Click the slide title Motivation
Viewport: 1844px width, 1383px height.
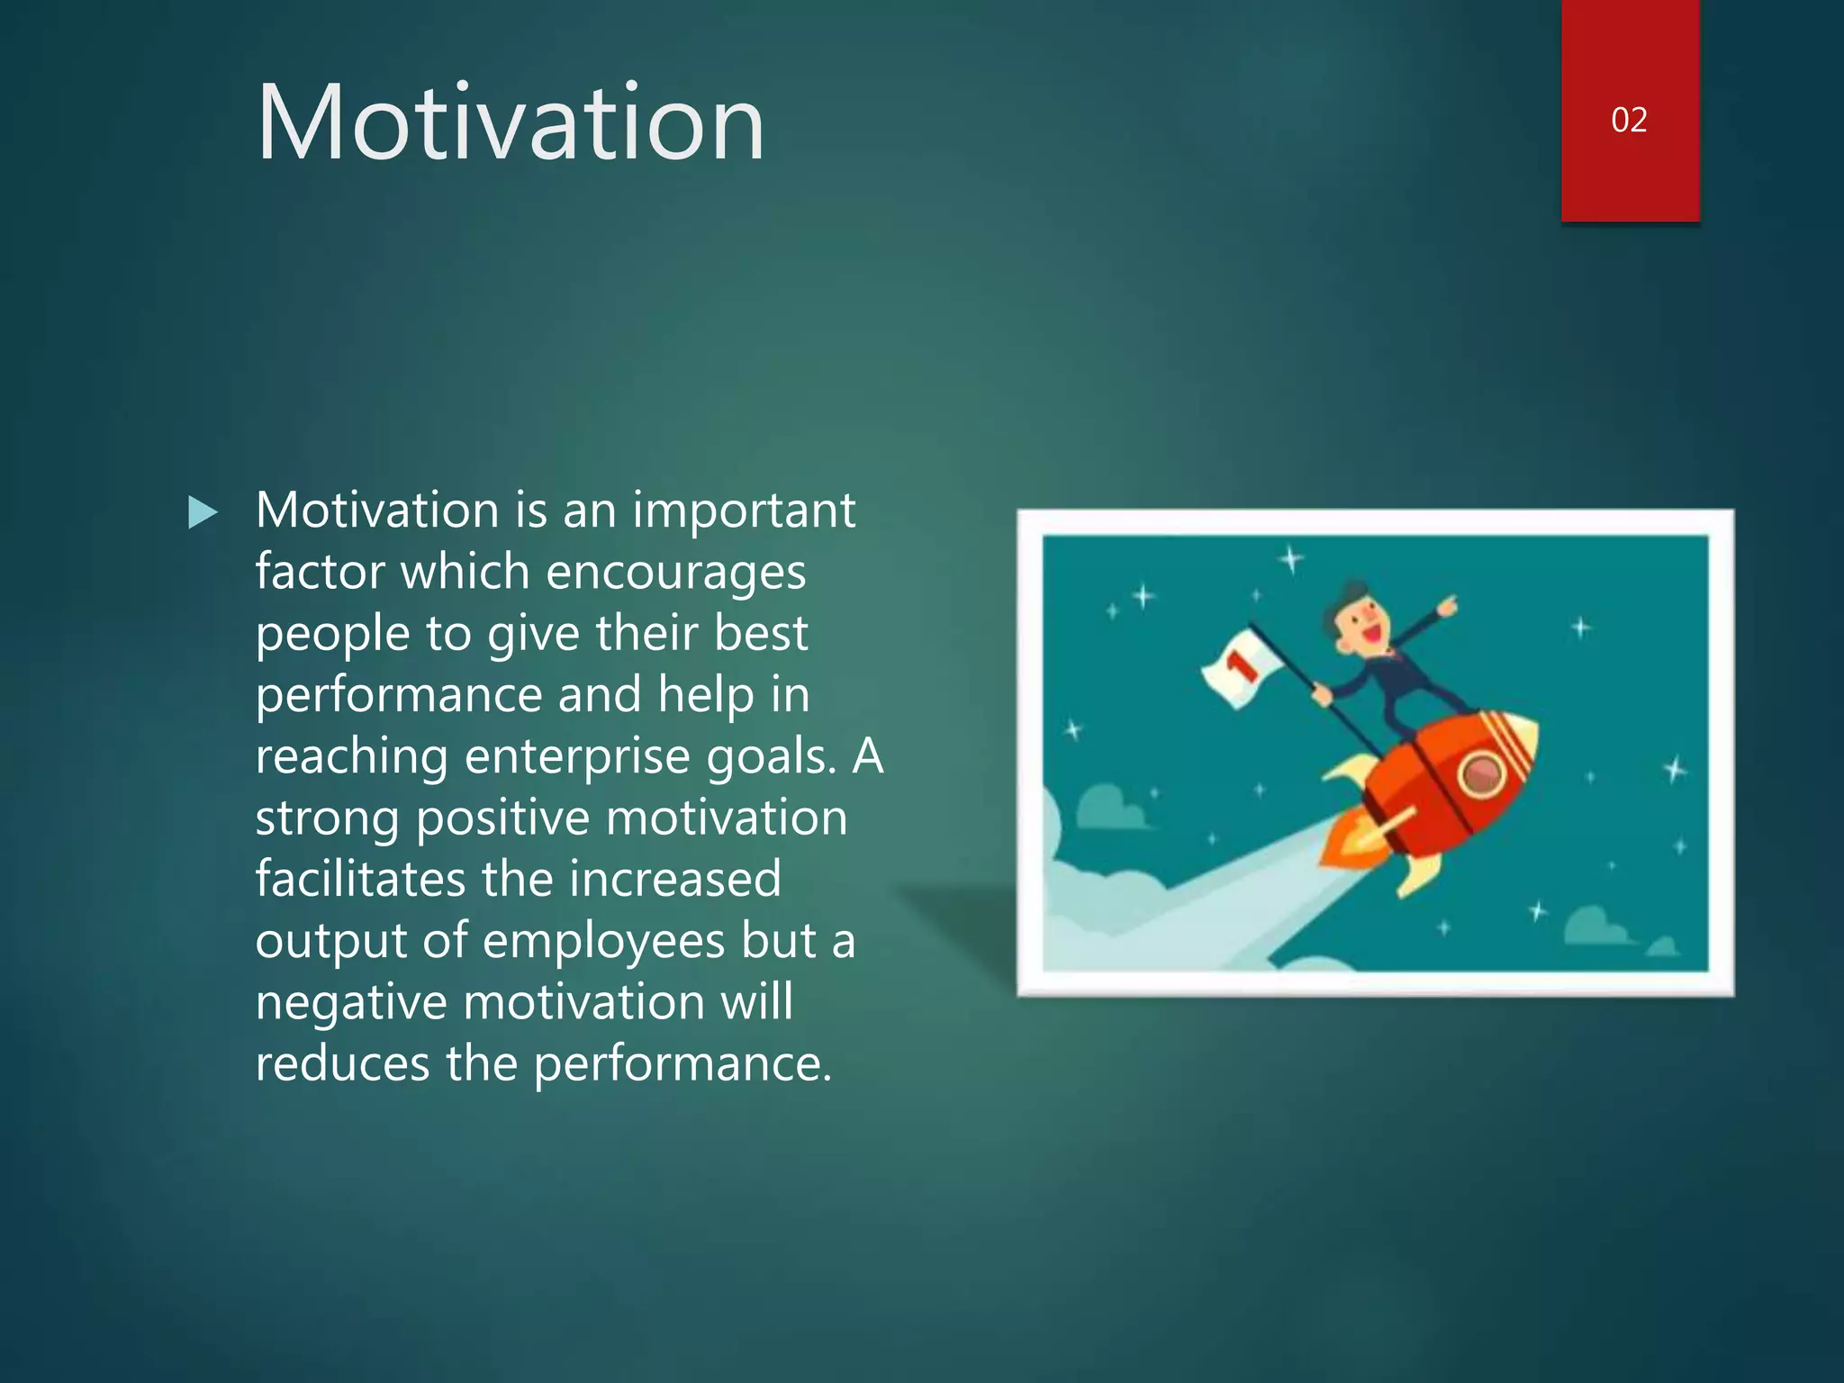(510, 122)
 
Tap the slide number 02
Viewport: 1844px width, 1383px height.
(1629, 120)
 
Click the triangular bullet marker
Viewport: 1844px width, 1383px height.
(203, 512)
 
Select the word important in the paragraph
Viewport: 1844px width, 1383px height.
(744, 511)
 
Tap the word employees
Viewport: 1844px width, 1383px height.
(603, 942)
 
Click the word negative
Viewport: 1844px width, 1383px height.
(351, 1003)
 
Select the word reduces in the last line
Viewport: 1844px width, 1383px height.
(342, 1064)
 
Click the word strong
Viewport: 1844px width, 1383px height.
(328, 819)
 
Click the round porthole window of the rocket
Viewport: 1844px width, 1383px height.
(1480, 773)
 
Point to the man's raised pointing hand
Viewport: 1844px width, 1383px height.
(1447, 607)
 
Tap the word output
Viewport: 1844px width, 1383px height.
(331, 942)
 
